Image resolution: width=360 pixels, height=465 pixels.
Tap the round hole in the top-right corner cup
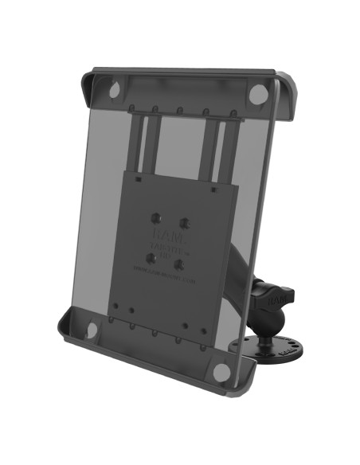pyautogui.click(x=257, y=94)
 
